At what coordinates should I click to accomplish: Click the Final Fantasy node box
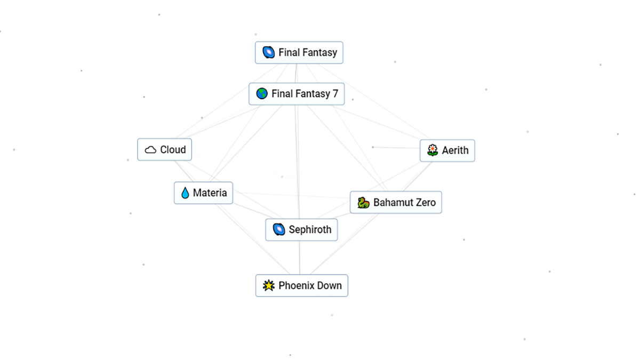(299, 53)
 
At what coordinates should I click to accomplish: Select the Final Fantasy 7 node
(297, 94)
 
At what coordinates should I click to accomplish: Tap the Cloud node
(164, 150)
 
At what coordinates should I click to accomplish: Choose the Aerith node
(447, 150)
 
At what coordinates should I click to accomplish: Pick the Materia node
(203, 193)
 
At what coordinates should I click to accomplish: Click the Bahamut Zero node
(396, 203)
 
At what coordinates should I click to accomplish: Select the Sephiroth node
(301, 230)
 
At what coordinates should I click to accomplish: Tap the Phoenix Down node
(301, 286)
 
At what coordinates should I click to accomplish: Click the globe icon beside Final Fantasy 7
(262, 94)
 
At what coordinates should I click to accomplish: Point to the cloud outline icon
(150, 150)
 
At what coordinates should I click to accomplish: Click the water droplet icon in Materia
(185, 193)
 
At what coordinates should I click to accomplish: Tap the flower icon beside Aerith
(433, 150)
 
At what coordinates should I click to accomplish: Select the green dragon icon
(363, 203)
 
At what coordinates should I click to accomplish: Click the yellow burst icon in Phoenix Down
(268, 286)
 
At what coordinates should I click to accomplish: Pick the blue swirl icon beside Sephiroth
(278, 230)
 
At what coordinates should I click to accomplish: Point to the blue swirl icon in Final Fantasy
(268, 53)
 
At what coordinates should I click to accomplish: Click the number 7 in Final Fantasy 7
(335, 94)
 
